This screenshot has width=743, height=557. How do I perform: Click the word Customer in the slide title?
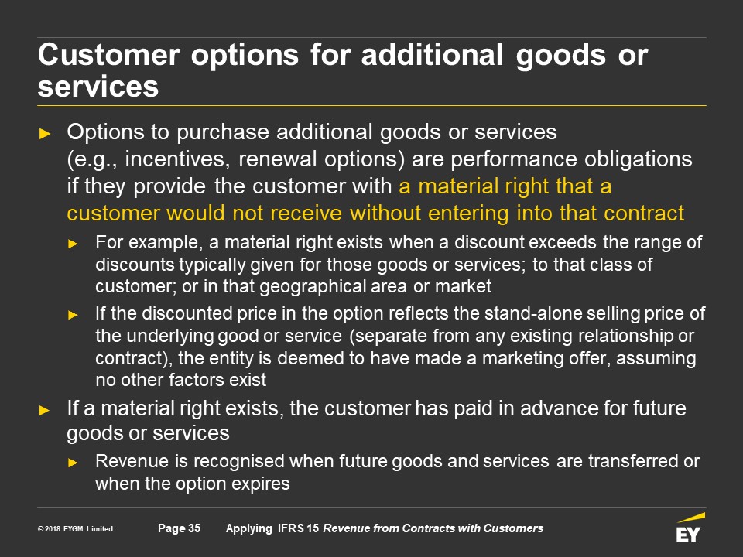click(108, 55)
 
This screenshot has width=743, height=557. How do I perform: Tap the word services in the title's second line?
click(98, 87)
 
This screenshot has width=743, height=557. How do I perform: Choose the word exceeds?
click(562, 242)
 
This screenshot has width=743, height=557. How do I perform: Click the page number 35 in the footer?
click(194, 528)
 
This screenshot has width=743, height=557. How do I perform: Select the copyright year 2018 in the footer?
click(53, 529)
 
